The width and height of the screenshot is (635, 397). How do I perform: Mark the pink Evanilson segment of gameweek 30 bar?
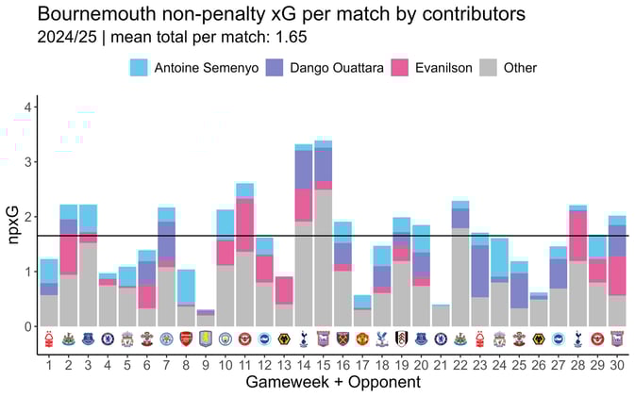(x=617, y=275)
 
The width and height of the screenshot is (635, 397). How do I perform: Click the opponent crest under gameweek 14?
(x=304, y=339)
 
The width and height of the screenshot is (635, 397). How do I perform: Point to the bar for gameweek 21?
(x=441, y=316)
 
